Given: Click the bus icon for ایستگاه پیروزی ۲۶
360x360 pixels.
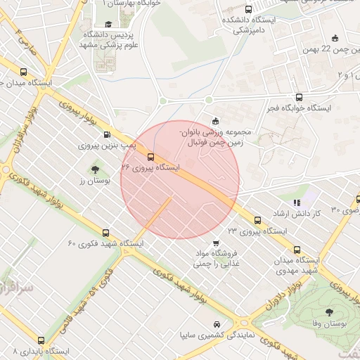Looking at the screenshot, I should (150, 156).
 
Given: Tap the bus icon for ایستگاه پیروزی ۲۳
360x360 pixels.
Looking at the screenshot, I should (257, 219).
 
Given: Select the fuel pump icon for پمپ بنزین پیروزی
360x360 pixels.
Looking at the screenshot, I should (107, 134).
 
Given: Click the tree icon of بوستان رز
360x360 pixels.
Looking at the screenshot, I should (95, 169).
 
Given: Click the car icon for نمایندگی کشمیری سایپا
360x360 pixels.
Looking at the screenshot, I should (218, 324).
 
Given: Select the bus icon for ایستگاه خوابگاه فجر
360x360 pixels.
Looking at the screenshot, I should (300, 98).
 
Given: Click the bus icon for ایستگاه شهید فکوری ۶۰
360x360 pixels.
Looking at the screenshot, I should (106, 232).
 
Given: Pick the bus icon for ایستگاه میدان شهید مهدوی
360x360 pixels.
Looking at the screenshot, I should (296, 250).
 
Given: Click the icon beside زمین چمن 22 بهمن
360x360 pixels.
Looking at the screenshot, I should (335, 39).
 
